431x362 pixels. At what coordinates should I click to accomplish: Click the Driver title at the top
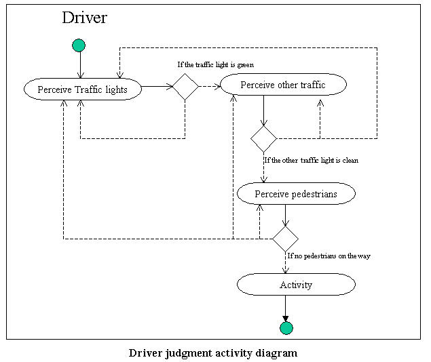84,18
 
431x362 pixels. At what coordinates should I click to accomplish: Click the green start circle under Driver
79,45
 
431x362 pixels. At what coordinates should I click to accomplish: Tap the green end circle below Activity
286,328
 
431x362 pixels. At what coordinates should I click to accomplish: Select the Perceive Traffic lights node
83,89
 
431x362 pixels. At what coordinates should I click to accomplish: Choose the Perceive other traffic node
283,85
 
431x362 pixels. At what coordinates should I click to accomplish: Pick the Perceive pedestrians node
296,194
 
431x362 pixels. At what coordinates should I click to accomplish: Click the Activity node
296,285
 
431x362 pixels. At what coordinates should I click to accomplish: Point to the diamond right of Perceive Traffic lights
185,87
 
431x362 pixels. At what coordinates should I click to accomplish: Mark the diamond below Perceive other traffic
263,138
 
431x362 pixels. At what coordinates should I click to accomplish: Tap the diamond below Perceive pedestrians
285,239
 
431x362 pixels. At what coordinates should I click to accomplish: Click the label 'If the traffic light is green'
216,65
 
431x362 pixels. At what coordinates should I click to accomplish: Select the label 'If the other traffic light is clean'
312,161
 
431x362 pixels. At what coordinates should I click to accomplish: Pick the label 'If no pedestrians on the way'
329,256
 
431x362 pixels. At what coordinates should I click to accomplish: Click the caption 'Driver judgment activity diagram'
213,353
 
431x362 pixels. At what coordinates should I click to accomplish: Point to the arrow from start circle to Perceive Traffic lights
79,65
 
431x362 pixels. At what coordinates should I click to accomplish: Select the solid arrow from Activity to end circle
286,308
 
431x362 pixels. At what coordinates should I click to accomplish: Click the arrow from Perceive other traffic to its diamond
263,110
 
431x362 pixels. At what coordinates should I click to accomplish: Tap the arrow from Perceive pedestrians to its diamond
285,215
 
